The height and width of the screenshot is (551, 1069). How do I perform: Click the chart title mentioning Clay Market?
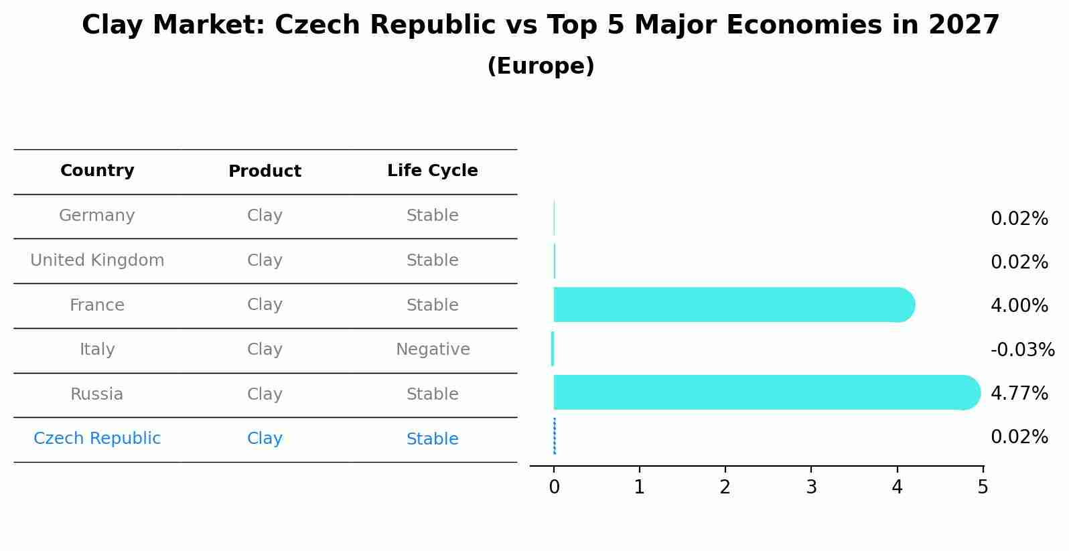tap(541, 25)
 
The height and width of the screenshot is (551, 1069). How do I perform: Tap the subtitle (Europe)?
tap(541, 66)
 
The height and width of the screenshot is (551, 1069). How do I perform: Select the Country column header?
tap(97, 171)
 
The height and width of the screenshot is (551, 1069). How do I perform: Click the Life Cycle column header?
tap(432, 171)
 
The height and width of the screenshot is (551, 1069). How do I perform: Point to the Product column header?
tap(265, 171)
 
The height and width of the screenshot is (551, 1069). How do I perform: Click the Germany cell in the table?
tap(97, 216)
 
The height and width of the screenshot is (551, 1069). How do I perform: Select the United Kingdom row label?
tap(97, 260)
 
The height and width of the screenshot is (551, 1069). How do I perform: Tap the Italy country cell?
tap(97, 349)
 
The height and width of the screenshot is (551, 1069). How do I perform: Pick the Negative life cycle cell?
tap(433, 349)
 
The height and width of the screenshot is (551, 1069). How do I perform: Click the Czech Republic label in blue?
tap(97, 439)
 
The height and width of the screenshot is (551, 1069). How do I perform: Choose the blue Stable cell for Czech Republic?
tap(432, 439)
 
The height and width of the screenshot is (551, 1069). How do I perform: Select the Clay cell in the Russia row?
tap(265, 394)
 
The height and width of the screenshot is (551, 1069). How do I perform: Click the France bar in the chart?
tap(730, 305)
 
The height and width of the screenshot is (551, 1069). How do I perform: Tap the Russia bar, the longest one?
tap(764, 392)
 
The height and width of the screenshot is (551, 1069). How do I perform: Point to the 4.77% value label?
tap(1019, 394)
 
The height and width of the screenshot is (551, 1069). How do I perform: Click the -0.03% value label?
tap(1022, 350)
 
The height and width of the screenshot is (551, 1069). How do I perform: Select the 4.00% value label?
tap(1019, 306)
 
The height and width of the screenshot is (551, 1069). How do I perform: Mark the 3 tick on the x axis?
tap(811, 487)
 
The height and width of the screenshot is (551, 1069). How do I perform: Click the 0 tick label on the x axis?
tap(554, 487)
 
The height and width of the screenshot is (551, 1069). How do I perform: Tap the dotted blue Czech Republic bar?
tap(555, 436)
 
